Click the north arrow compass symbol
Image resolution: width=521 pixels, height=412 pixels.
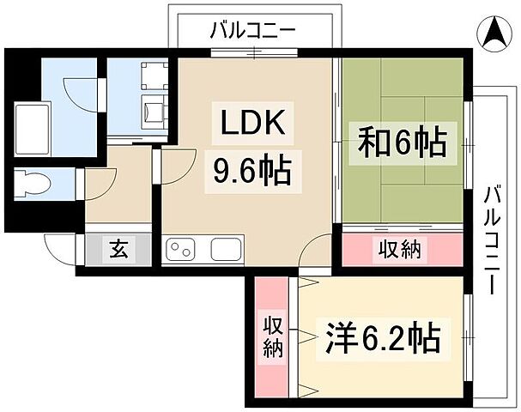[496, 37]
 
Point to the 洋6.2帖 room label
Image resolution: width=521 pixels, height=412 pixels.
[382, 338]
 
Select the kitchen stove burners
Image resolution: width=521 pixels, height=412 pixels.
[180, 249]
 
